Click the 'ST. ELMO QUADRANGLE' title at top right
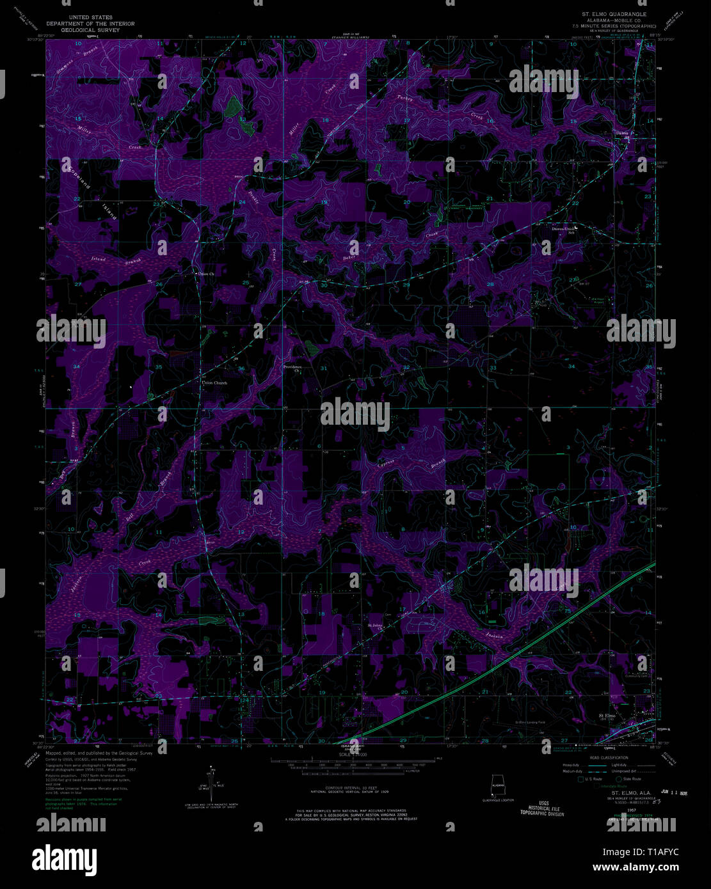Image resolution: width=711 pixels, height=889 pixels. (x=613, y=13)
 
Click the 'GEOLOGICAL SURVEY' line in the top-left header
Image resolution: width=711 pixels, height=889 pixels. (x=90, y=29)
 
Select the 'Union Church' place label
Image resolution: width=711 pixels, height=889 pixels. (x=214, y=382)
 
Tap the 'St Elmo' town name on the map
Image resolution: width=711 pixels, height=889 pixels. (x=606, y=715)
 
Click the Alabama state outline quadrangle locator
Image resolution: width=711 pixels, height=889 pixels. (x=497, y=785)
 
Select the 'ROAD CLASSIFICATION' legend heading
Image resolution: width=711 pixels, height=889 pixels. (x=610, y=758)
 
